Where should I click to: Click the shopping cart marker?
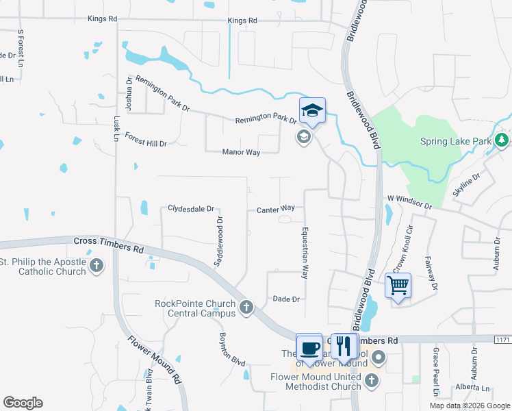pos(398,285)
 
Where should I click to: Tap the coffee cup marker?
pos(309,347)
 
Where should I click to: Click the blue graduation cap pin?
pos(312,111)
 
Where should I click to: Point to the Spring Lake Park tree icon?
pos(502,140)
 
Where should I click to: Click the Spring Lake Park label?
pos(457,141)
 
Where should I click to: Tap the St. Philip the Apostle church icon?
pos(97,266)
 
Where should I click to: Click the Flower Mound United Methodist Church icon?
pos(371,381)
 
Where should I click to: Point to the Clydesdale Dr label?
pos(192,208)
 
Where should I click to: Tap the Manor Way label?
pos(241,152)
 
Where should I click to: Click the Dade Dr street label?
pos(286,299)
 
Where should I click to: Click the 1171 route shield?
pos(503,339)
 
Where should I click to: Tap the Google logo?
pos(23,403)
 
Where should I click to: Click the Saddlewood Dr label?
pos(220,242)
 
